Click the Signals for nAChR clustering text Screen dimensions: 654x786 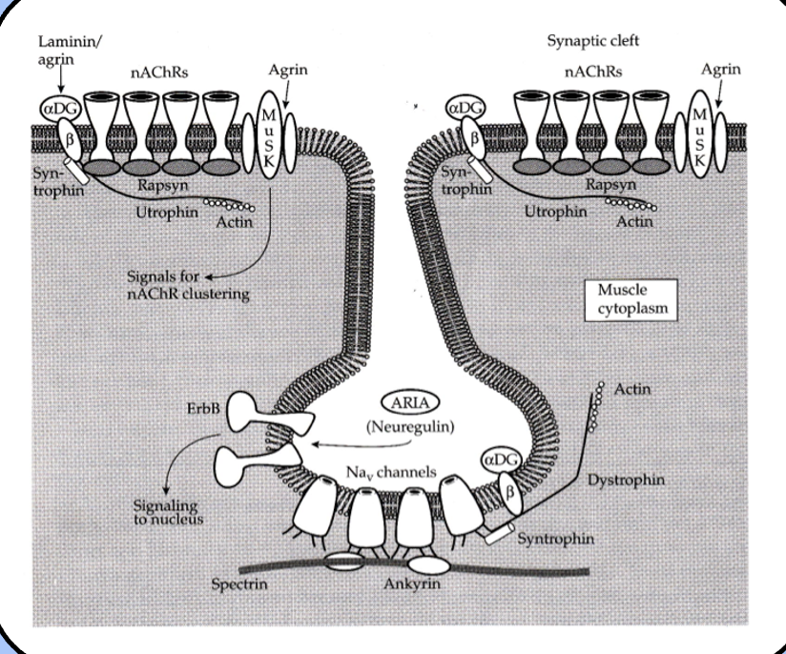(x=188, y=286)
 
